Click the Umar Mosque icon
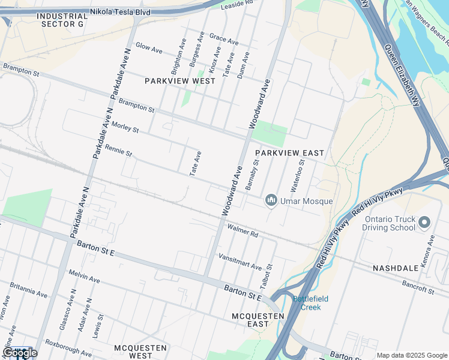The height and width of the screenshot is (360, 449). click(271, 200)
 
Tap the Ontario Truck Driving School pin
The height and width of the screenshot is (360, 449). click(424, 223)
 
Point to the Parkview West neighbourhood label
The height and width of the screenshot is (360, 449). click(180, 80)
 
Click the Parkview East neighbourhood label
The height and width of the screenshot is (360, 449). click(289, 154)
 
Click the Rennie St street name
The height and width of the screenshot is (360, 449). click(118, 150)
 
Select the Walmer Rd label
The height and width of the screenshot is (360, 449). click(243, 230)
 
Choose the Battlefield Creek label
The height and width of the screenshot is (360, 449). click(307, 303)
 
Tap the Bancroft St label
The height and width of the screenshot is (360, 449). click(418, 286)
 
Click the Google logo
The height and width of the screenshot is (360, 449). click(20, 353)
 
